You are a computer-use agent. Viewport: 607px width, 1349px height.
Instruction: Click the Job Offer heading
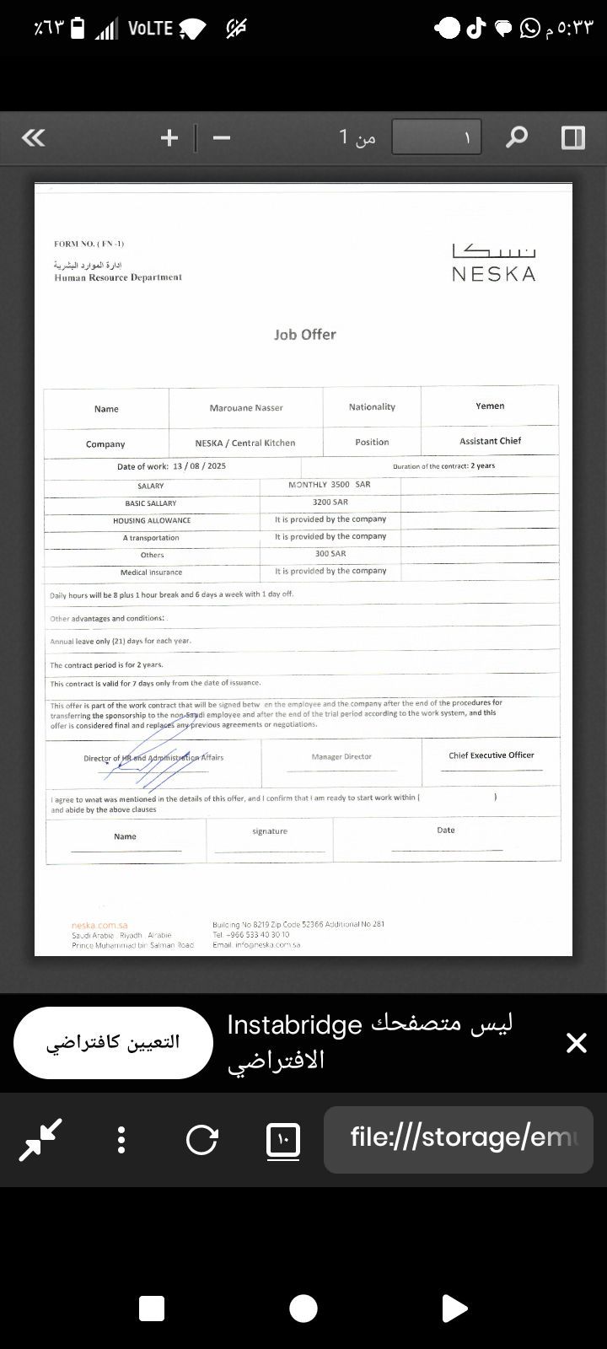pos(304,335)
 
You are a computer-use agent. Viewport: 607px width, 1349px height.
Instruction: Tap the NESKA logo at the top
pos(493,263)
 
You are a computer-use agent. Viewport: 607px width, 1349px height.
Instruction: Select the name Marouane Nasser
pos(246,408)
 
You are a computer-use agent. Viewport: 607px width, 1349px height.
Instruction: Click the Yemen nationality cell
pos(490,406)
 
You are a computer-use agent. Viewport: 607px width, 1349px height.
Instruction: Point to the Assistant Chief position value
pos(490,441)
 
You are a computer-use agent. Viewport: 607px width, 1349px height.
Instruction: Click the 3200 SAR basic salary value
pos(330,503)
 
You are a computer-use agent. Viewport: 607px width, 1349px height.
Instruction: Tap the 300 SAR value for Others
pos(330,554)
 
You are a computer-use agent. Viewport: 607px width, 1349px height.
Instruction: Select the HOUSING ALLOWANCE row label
pos(152,521)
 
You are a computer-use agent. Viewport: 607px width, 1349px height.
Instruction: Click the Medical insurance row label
pos(151,572)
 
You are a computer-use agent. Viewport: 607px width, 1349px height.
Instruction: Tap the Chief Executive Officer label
pos(491,755)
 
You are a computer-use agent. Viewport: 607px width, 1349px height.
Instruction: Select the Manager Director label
pos(341,757)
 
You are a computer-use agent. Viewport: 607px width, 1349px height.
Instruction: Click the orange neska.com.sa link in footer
pos(99,926)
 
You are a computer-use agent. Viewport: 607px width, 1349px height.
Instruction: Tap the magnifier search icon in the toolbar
pos(516,137)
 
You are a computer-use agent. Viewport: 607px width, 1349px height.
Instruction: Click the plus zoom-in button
pos(169,137)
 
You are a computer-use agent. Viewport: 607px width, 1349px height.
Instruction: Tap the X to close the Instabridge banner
pos(577,1043)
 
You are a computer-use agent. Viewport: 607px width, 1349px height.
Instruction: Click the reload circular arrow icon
pos(201,1140)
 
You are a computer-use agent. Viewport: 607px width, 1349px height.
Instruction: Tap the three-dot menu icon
pos(121,1140)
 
